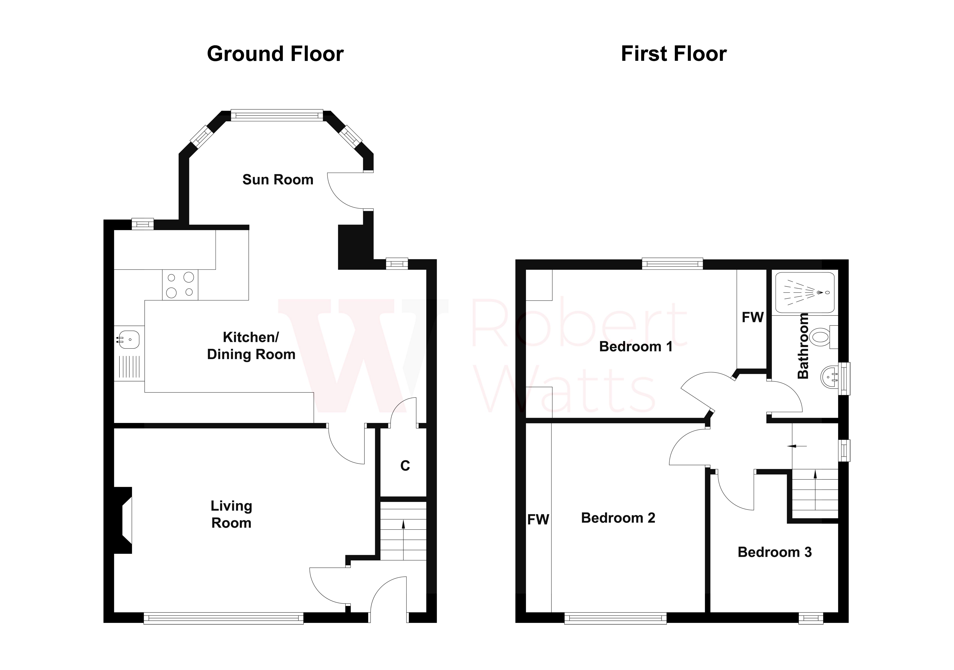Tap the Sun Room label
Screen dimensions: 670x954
coord(278,180)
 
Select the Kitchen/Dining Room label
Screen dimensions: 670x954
coord(251,346)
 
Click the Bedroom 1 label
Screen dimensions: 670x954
coord(635,347)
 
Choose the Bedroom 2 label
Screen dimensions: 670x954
coord(618,518)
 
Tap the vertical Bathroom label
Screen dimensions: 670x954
coord(803,346)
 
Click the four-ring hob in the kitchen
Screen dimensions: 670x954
coord(180,285)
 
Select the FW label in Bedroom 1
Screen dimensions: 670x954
coord(753,318)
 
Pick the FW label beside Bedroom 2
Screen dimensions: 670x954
coord(538,520)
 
